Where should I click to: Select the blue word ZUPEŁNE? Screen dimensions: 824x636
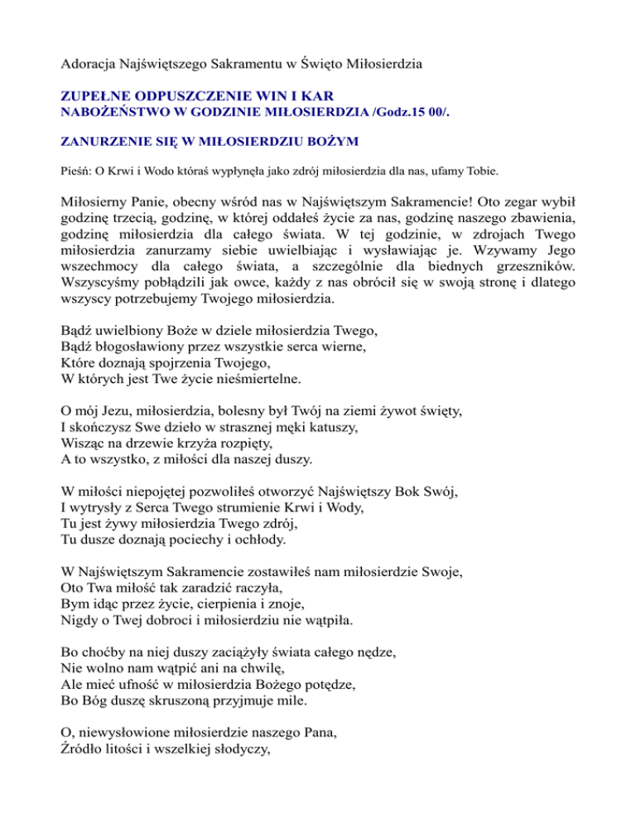[98, 98]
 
